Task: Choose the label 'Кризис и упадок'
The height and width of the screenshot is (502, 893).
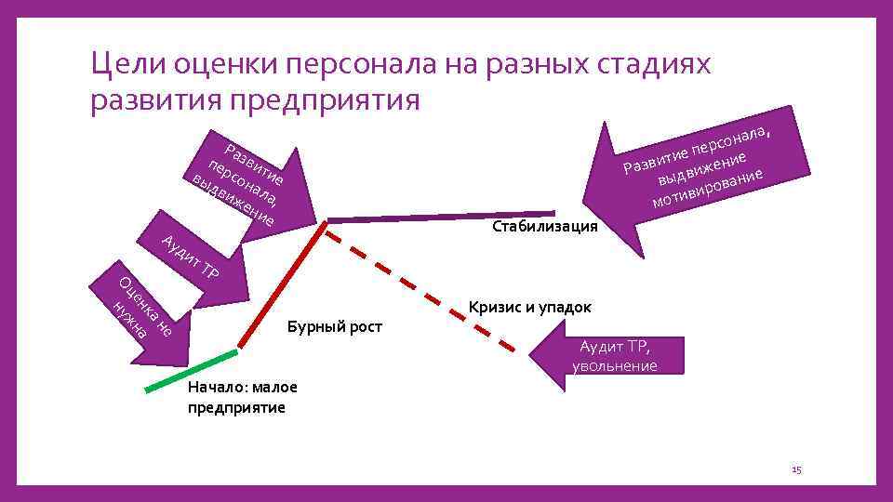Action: [530, 307]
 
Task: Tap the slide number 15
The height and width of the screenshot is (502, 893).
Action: [795, 470]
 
